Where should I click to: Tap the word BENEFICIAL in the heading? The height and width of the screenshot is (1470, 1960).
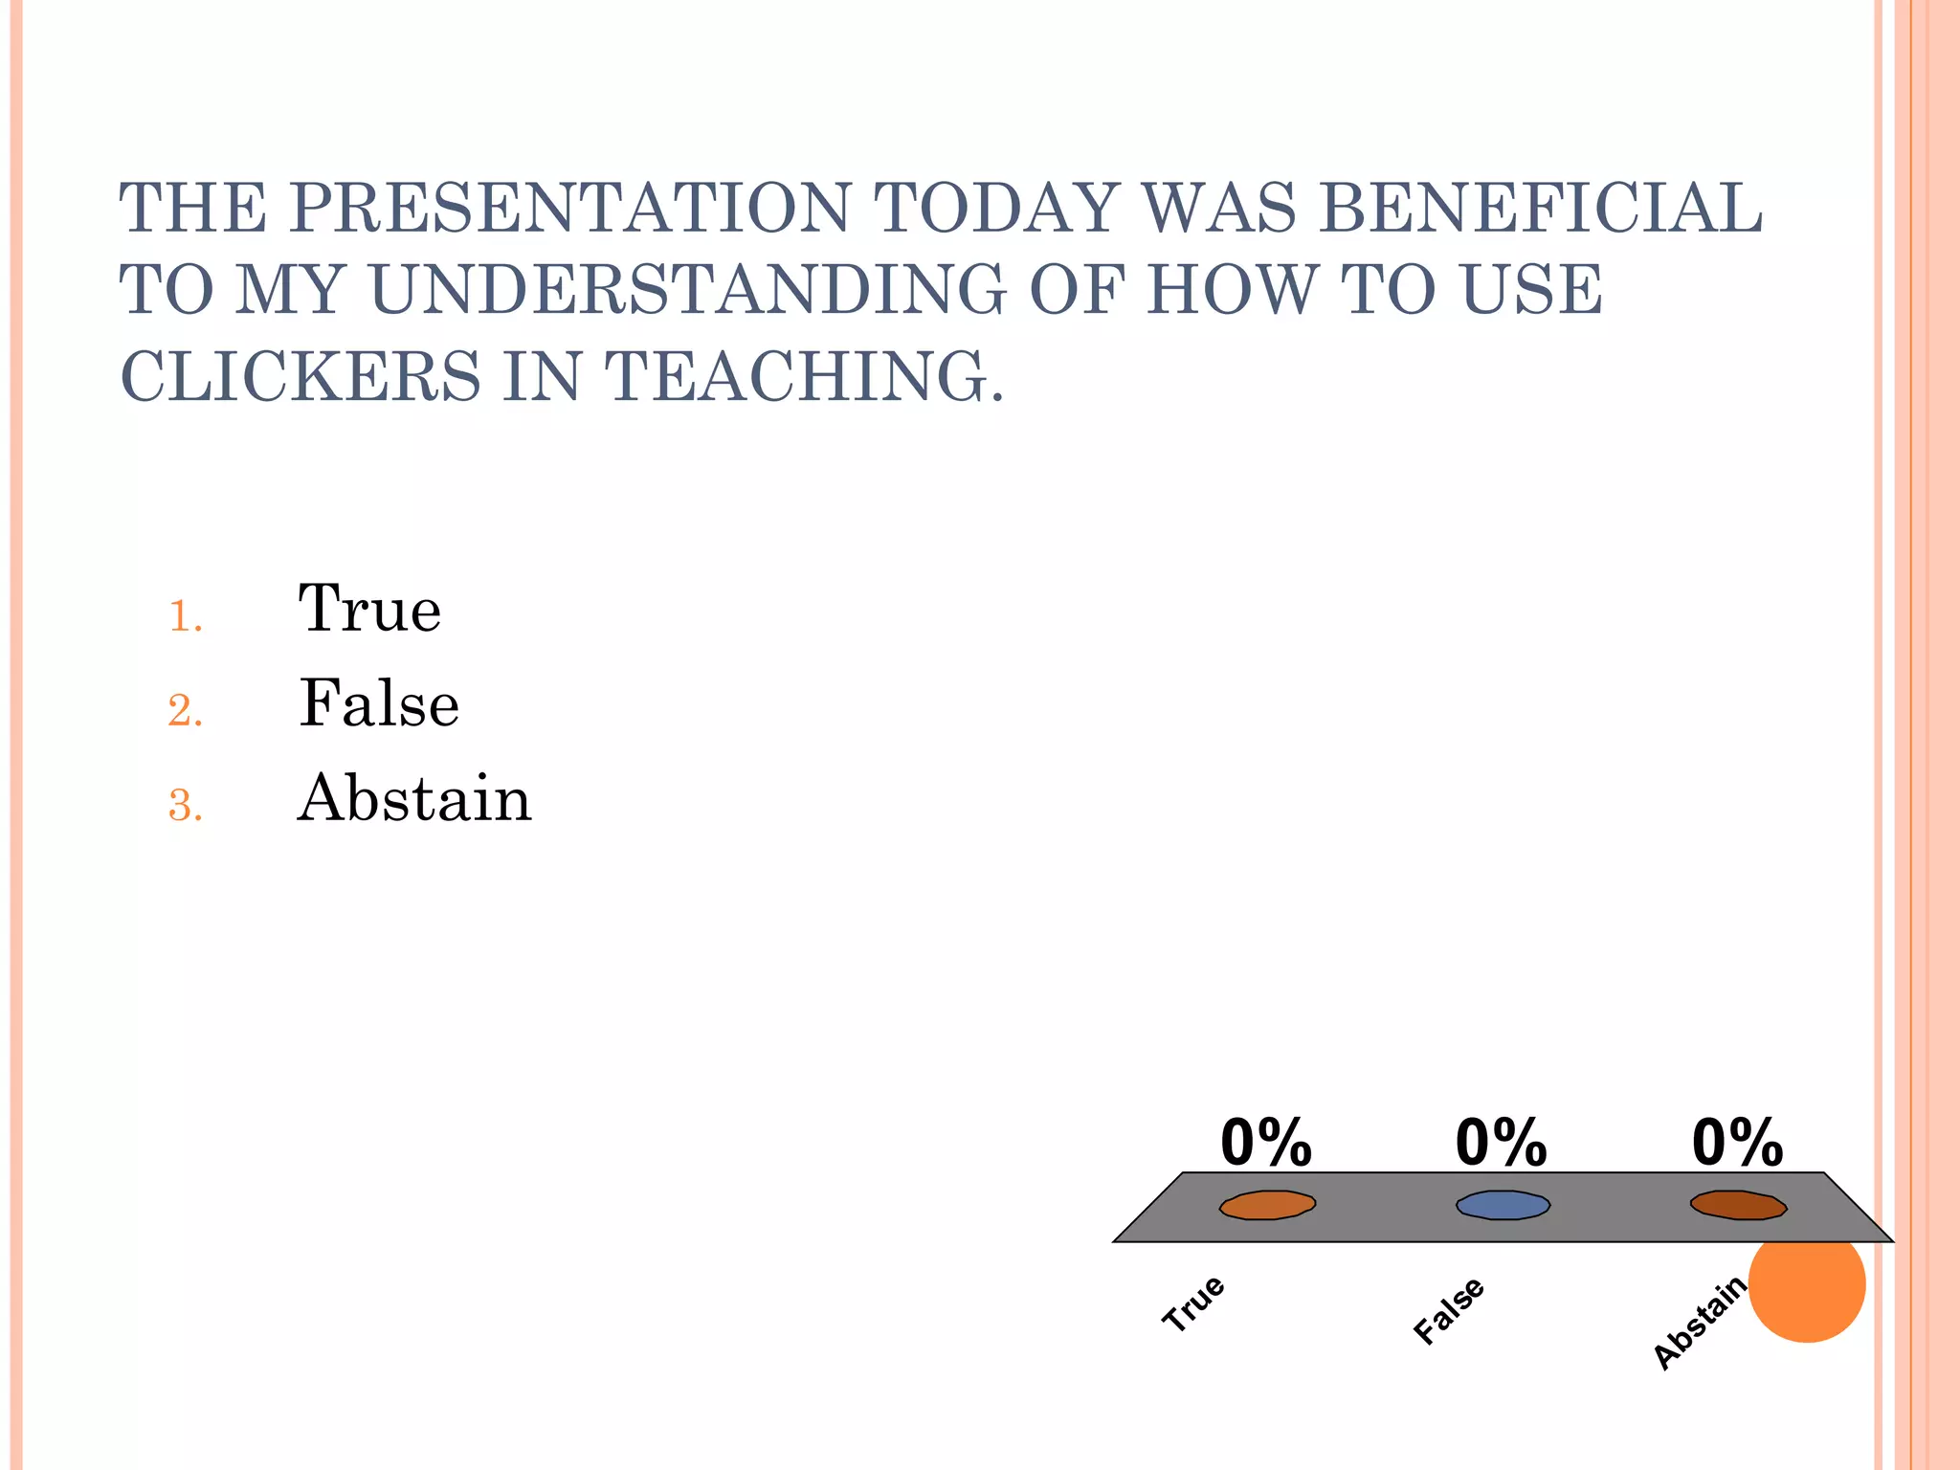1540,208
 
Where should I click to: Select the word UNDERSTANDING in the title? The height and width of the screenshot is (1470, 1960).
687,290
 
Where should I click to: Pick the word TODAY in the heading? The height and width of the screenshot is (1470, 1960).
996,208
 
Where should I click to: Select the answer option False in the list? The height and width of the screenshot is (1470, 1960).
379,703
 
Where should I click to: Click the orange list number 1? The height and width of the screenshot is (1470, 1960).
185,616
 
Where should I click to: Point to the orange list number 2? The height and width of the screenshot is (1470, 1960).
185,711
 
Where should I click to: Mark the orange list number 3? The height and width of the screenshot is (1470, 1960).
185,806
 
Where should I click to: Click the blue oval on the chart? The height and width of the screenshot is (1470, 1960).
1503,1205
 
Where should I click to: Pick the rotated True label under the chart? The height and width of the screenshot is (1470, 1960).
1193,1303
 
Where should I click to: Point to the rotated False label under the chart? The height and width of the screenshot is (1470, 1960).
1449,1310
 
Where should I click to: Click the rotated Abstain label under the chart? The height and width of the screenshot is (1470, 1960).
1700,1324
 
